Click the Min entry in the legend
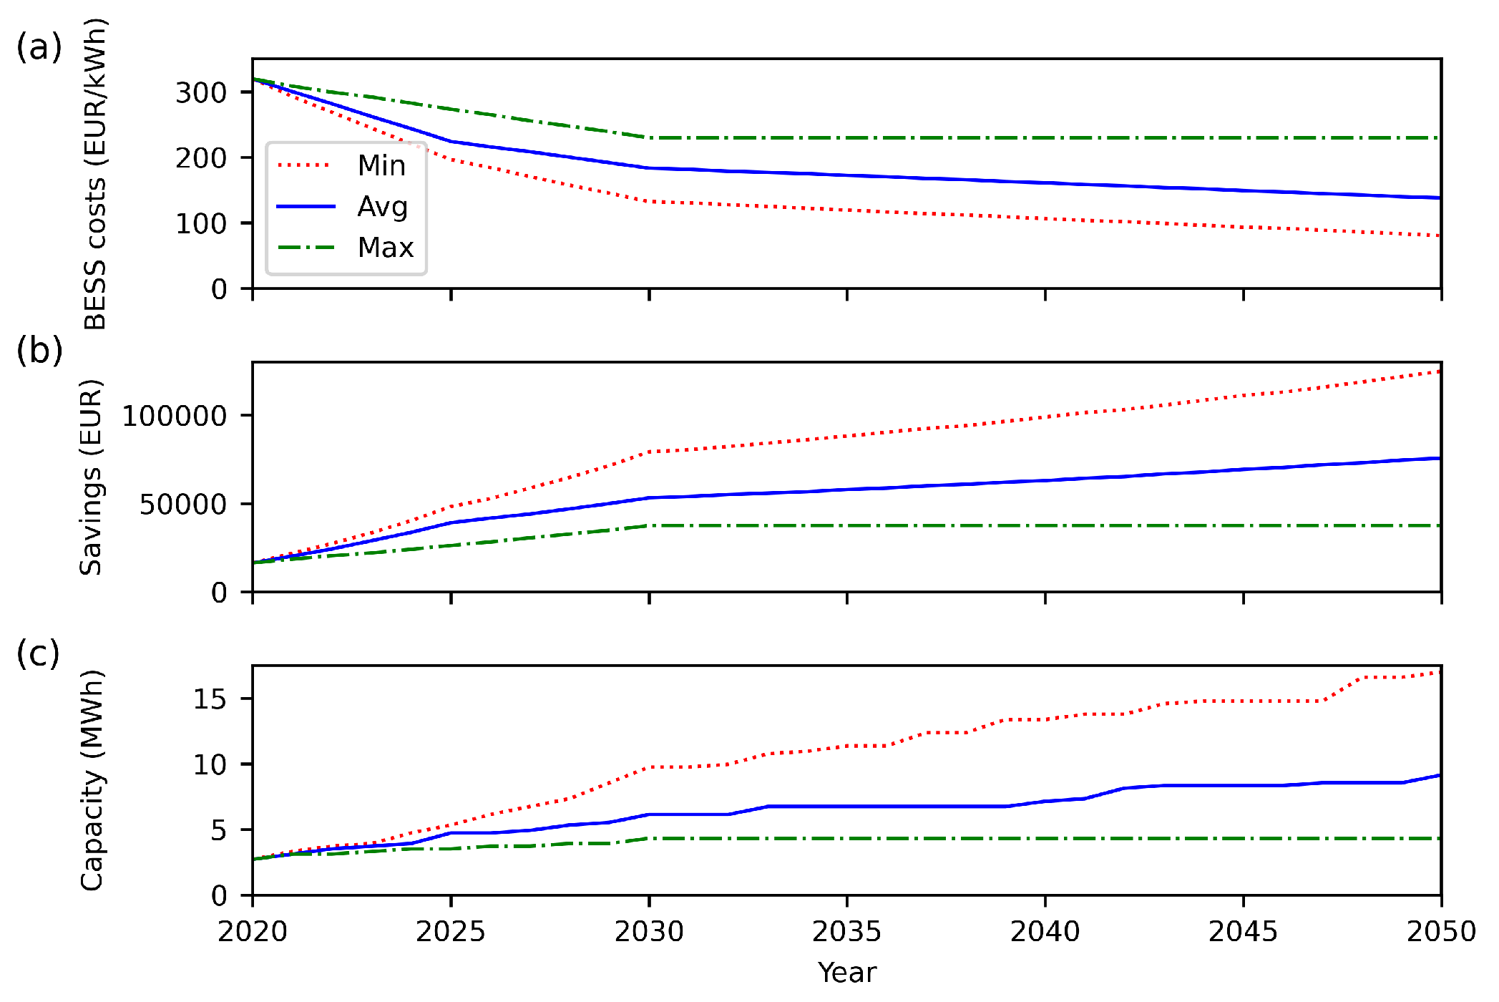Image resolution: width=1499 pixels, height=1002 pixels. point(381,165)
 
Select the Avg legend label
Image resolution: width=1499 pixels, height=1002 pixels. point(383,207)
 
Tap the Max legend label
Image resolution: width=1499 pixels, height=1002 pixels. point(386,248)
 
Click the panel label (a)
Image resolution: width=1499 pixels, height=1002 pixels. point(39,47)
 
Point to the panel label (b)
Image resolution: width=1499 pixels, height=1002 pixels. point(39,351)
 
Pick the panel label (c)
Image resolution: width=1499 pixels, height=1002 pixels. point(38,653)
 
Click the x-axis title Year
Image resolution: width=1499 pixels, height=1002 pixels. point(846,973)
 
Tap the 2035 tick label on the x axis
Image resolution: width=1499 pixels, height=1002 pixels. point(846,932)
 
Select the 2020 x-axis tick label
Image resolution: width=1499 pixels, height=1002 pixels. point(253,932)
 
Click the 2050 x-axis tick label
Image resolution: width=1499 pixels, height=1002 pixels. point(1441,932)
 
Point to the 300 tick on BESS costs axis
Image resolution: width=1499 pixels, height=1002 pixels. point(201,92)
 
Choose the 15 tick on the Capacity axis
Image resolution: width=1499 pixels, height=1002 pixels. point(210,699)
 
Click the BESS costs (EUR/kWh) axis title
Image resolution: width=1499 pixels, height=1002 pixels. point(94,174)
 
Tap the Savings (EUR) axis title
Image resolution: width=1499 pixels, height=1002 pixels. point(91,477)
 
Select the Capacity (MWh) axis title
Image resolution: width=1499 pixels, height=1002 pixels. point(92,781)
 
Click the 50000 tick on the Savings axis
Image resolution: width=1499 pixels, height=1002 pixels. point(183,505)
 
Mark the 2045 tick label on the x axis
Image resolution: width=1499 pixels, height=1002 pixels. point(1243,932)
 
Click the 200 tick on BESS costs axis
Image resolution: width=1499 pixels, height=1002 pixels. point(201,158)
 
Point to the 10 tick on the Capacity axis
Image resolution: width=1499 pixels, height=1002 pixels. point(210,765)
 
